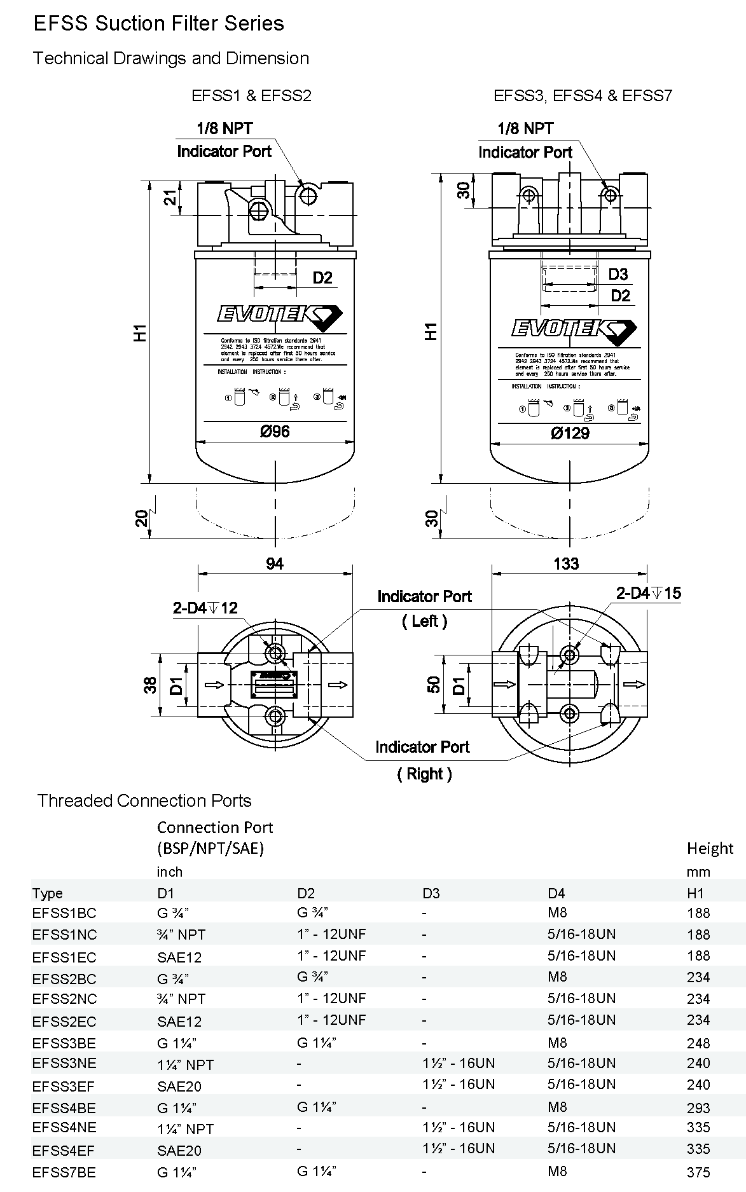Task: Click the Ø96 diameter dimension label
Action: (275, 432)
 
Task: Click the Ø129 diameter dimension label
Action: (570, 434)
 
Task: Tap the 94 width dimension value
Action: (275, 563)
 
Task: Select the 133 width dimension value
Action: (566, 563)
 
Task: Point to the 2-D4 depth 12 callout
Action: (205, 608)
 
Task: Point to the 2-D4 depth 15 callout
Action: (648, 593)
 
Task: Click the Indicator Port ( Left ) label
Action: (424, 608)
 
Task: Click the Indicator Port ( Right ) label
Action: (422, 760)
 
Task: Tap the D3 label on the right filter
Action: (618, 274)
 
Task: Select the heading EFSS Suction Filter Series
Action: (158, 24)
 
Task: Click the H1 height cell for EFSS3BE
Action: (698, 1043)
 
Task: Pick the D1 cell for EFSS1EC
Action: (179, 957)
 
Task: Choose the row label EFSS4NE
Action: (64, 1127)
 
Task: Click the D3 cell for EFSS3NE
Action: (458, 1063)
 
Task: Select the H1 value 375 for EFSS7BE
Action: (698, 1172)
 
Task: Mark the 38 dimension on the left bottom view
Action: (150, 685)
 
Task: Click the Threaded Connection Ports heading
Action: (144, 800)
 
